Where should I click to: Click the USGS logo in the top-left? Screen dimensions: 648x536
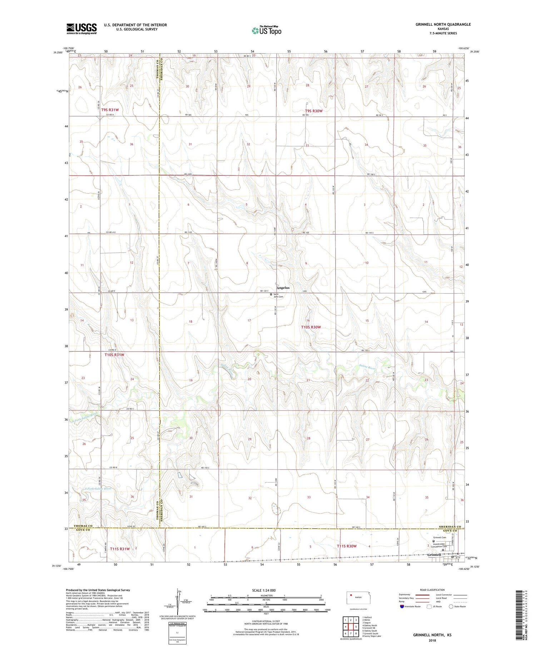click(x=81, y=29)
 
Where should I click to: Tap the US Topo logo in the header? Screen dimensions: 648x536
click(x=266, y=31)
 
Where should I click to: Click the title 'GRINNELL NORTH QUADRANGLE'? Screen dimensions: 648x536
click(x=443, y=24)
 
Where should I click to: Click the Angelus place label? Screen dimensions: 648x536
click(x=283, y=288)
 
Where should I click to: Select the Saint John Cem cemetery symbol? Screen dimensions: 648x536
click(x=271, y=295)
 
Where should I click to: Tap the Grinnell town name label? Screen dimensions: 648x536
click(x=434, y=555)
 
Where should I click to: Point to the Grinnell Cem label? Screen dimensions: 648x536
click(x=440, y=538)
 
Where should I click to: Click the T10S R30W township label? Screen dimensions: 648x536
click(x=311, y=327)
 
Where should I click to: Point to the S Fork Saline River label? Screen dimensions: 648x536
click(x=99, y=488)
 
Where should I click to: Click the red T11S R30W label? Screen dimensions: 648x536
click(x=347, y=546)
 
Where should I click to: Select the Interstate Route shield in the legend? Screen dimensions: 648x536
click(x=402, y=607)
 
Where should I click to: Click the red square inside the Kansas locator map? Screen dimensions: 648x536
click(x=351, y=595)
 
